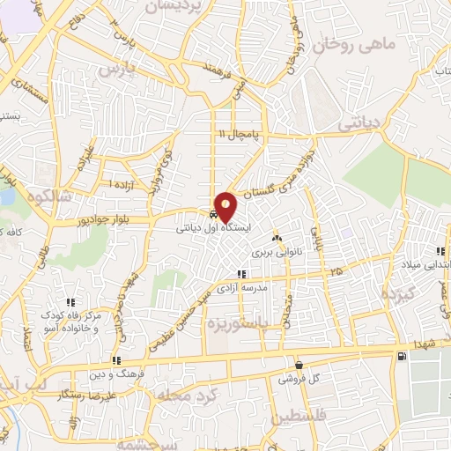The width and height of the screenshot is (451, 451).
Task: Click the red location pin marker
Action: coord(226,206)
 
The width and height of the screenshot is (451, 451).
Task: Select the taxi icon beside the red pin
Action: coord(214,214)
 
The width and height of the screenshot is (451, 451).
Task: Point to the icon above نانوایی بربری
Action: coord(277,238)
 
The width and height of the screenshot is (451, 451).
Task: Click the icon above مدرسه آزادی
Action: coord(242,275)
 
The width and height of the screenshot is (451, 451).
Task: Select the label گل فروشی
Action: coord(299,379)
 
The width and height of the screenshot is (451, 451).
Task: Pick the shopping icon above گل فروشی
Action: coord(299,365)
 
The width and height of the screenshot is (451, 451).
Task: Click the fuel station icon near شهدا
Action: coord(403,356)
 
